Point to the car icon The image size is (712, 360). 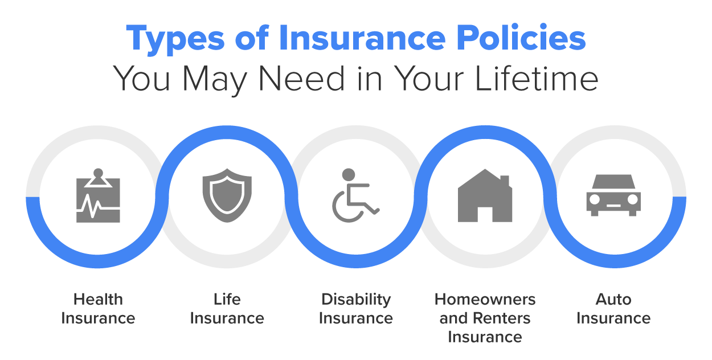pyautogui.click(x=613, y=195)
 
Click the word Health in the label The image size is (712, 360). pyautogui.click(x=98, y=300)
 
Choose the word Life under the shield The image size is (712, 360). pyautogui.click(x=227, y=300)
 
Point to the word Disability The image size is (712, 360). pyautogui.click(x=356, y=300)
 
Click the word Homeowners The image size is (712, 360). pyautogui.click(x=485, y=300)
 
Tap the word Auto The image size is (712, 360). pyautogui.click(x=613, y=300)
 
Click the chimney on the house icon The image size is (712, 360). pyautogui.click(x=504, y=181)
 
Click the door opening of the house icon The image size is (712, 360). pyautogui.click(x=485, y=214)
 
